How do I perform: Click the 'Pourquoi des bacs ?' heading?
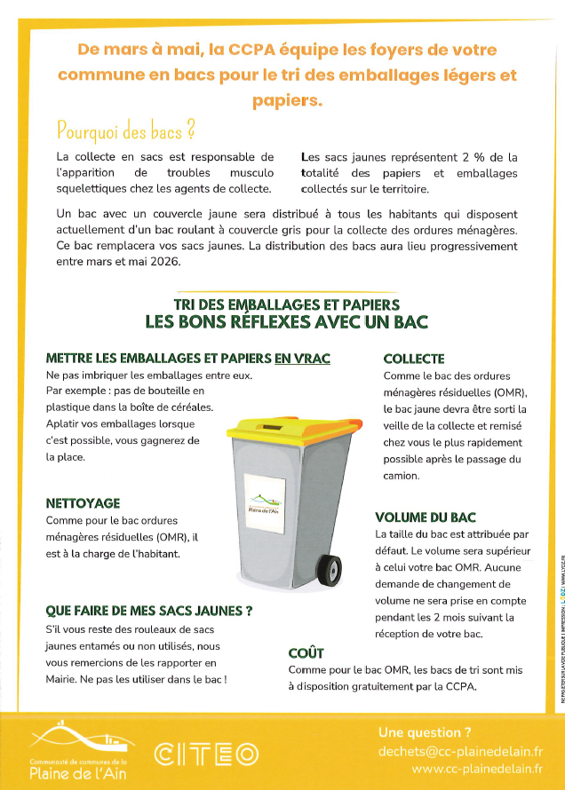point(125,131)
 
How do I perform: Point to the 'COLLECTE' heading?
point(414,359)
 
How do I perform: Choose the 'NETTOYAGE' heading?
point(83,503)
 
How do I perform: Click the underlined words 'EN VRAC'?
point(302,359)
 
